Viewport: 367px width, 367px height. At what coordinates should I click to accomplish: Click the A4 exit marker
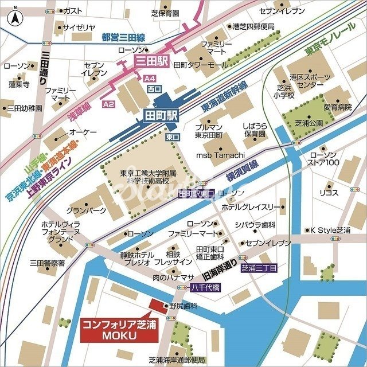(x=150, y=77)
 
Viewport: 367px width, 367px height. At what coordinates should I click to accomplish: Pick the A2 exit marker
(x=108, y=104)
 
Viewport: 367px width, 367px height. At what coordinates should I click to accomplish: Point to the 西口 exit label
(x=154, y=89)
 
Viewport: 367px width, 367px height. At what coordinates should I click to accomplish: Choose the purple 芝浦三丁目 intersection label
(x=259, y=268)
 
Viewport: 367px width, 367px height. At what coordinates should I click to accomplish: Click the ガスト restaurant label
(x=72, y=11)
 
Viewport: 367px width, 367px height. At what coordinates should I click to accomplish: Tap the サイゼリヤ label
(x=79, y=27)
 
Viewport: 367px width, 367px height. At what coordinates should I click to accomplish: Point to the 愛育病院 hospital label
(x=337, y=107)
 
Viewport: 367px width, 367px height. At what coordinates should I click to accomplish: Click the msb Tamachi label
(x=221, y=155)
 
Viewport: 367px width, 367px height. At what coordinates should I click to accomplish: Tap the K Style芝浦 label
(x=330, y=230)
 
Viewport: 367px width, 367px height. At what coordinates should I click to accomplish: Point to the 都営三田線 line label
(x=123, y=38)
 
